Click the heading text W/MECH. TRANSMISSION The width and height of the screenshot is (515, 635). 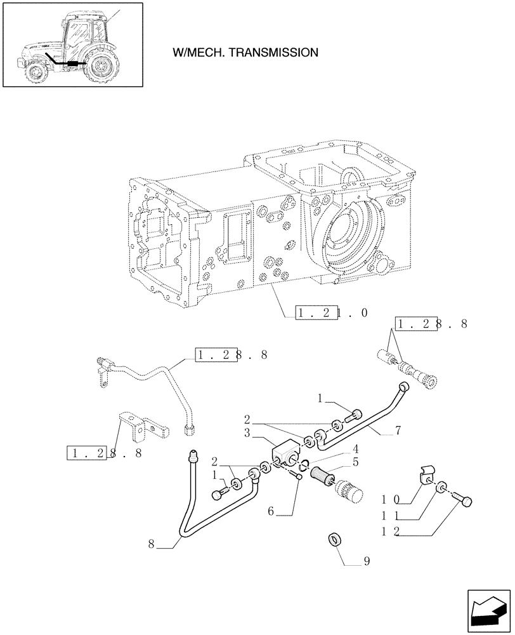pos(245,53)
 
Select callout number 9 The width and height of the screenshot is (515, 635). pos(367,561)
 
